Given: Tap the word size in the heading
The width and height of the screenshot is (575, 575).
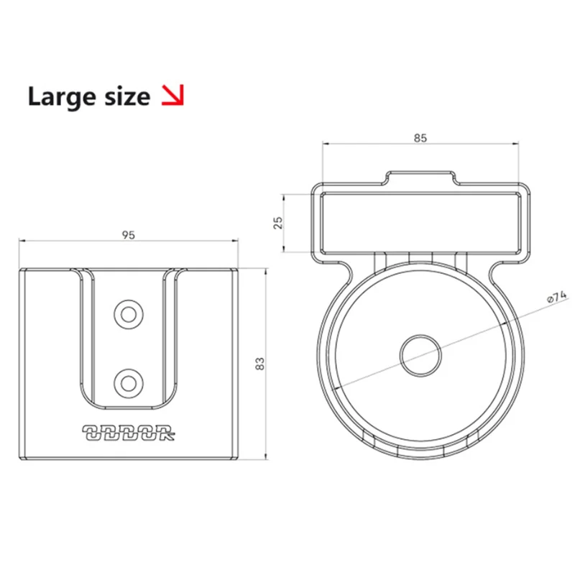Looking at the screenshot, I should (x=124, y=97).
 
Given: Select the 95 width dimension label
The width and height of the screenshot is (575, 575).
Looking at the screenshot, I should (x=129, y=234).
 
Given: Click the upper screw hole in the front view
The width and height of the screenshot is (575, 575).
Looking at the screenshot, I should (x=129, y=313).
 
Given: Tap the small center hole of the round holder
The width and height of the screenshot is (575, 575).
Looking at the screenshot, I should (x=420, y=355).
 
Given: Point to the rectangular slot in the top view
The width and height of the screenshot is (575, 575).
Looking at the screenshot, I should (x=420, y=223).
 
